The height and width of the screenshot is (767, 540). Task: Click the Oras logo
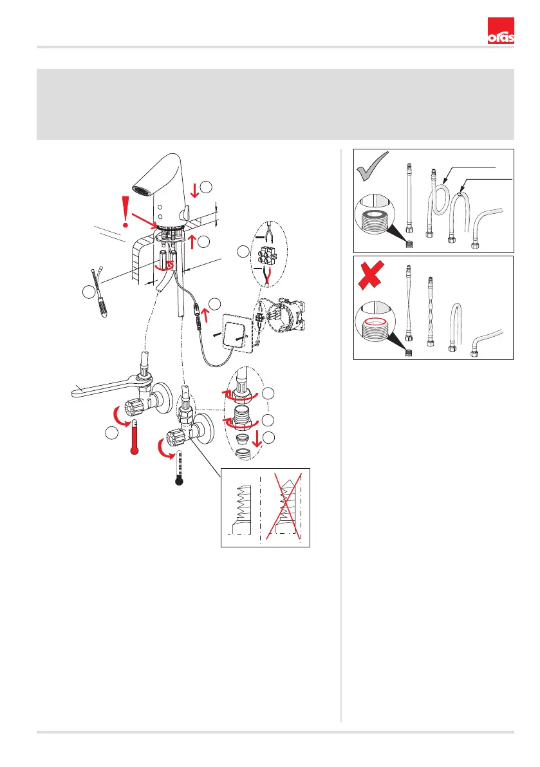point(501,31)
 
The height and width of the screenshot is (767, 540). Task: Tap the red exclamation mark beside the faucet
point(126,211)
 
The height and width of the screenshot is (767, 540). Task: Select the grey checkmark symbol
point(373,166)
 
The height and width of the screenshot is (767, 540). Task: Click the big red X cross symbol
point(371,274)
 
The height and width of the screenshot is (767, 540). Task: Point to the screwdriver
point(98,292)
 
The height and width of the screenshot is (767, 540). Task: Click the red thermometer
point(135,437)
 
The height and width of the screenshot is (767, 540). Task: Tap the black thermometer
point(180,468)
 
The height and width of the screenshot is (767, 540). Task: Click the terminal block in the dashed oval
point(266,255)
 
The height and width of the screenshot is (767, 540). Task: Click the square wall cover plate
point(238,331)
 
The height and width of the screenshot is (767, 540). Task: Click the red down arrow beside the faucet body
point(195,190)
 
